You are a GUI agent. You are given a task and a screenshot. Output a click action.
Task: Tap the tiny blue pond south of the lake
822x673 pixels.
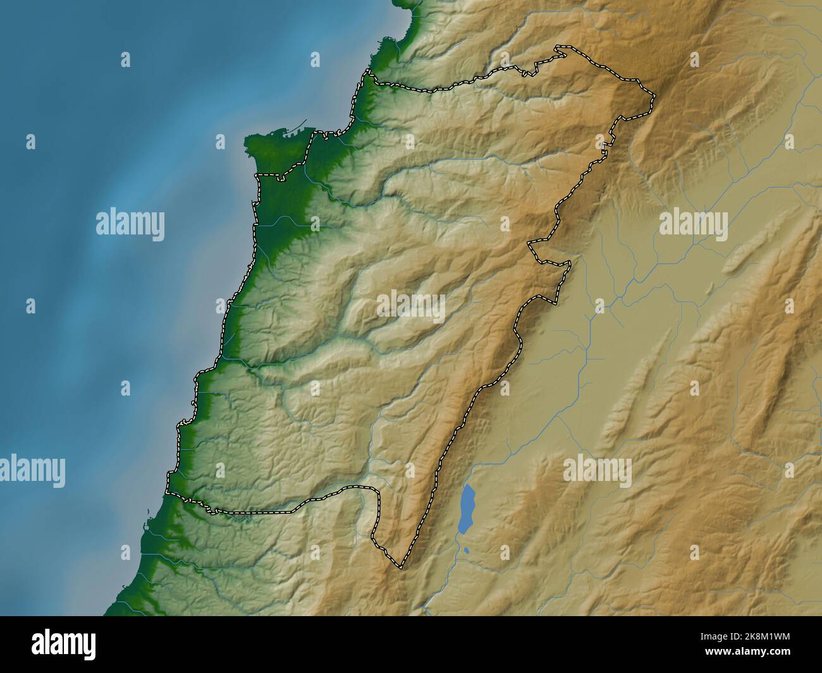pyautogui.click(x=466, y=550)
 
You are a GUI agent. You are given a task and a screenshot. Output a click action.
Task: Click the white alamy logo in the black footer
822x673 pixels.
pyautogui.click(x=64, y=645)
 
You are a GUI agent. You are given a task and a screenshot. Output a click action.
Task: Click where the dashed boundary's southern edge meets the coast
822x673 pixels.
pyautogui.click(x=167, y=492)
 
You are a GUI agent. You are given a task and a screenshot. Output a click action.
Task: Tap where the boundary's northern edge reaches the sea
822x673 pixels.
pyautogui.click(x=365, y=75)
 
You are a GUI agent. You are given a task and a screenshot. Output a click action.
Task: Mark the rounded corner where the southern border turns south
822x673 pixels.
pyautogui.click(x=376, y=489)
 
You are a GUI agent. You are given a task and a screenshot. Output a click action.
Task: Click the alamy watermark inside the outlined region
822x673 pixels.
pyautogui.click(x=411, y=306)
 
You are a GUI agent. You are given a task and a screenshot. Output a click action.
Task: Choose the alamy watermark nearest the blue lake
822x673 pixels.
pyautogui.click(x=597, y=470)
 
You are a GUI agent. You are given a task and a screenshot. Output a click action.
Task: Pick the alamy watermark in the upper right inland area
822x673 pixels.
pyautogui.click(x=693, y=224)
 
